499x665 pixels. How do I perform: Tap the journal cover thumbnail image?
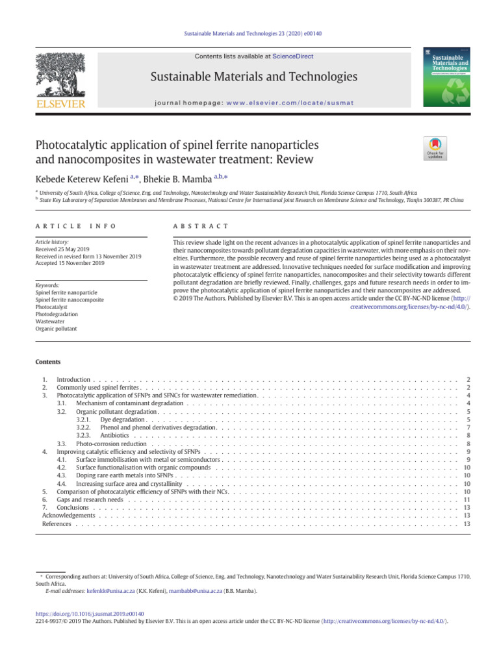coord(450,77)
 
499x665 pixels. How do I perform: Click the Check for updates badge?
coord(434,149)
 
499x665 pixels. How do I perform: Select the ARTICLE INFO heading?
coord(75,225)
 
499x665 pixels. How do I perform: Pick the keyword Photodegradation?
coord(57,314)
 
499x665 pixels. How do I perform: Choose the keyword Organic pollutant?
coord(56,329)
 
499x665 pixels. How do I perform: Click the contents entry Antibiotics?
coord(115,436)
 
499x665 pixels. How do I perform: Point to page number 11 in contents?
coord(467,500)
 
